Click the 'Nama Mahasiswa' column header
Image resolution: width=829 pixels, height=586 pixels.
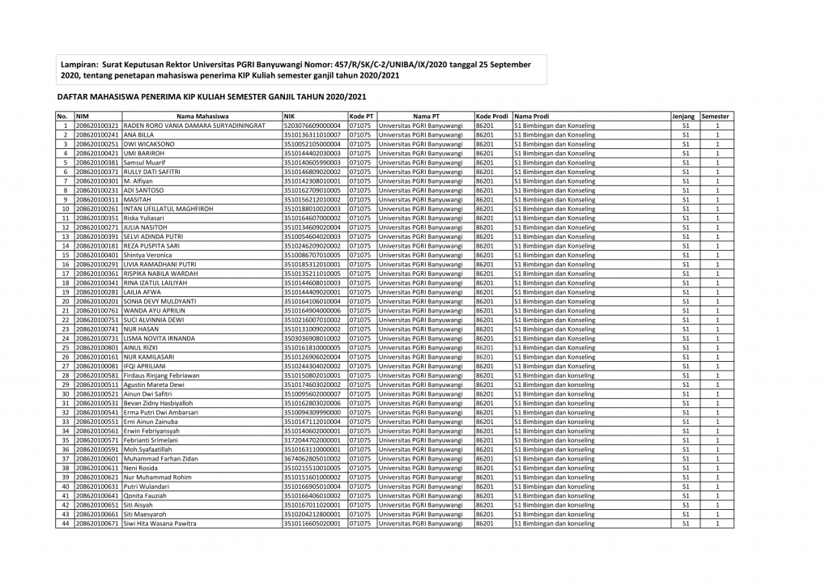[x=202, y=117]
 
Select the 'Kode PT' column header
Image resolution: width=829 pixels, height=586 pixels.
[x=362, y=117]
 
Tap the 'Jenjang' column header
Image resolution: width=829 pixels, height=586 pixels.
[x=684, y=117]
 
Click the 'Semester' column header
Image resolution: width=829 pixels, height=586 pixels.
[x=716, y=117]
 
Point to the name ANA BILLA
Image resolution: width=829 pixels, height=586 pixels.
[x=139, y=134]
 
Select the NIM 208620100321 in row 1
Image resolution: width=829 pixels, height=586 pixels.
[x=97, y=125]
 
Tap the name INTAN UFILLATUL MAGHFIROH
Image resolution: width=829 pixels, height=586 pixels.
[x=168, y=209]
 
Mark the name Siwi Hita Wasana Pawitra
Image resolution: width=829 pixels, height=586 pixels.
[x=159, y=524]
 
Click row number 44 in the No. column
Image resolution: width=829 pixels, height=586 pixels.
[x=64, y=524]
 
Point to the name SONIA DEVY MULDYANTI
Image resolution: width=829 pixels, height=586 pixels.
[x=160, y=301]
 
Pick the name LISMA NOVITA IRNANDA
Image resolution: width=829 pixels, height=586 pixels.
[x=159, y=338]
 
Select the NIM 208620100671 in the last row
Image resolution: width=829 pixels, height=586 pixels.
[x=97, y=524]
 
